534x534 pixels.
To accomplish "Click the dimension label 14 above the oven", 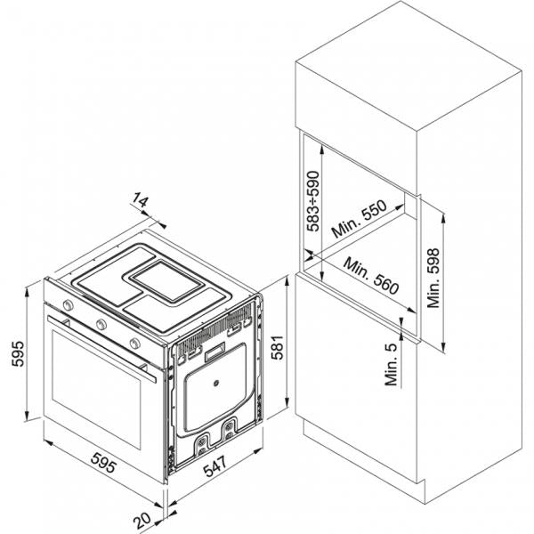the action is click(x=140, y=200).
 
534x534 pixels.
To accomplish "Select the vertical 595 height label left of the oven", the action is click(x=18, y=353).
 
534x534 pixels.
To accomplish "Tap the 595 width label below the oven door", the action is click(x=104, y=462).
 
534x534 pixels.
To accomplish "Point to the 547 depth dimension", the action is click(x=214, y=465).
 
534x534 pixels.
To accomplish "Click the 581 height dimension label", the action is click(x=277, y=347).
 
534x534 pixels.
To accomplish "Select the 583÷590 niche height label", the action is click(x=313, y=201).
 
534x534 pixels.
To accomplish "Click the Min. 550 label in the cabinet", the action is click(x=360, y=219).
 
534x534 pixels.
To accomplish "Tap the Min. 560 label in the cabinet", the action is click(x=371, y=276).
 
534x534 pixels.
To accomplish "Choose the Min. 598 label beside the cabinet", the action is click(x=433, y=279).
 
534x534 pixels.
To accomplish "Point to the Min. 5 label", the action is click(x=392, y=364).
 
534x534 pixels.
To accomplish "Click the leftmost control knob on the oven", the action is click(x=69, y=304).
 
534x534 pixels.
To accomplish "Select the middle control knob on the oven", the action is click(x=101, y=324).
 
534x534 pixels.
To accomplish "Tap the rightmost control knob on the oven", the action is click(x=135, y=344).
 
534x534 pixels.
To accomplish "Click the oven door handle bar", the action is click(x=101, y=348).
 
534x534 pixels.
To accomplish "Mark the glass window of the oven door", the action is click(x=96, y=390).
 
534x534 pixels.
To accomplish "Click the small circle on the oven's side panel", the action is click(x=215, y=384).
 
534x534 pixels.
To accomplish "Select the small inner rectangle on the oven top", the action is click(x=167, y=281).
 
